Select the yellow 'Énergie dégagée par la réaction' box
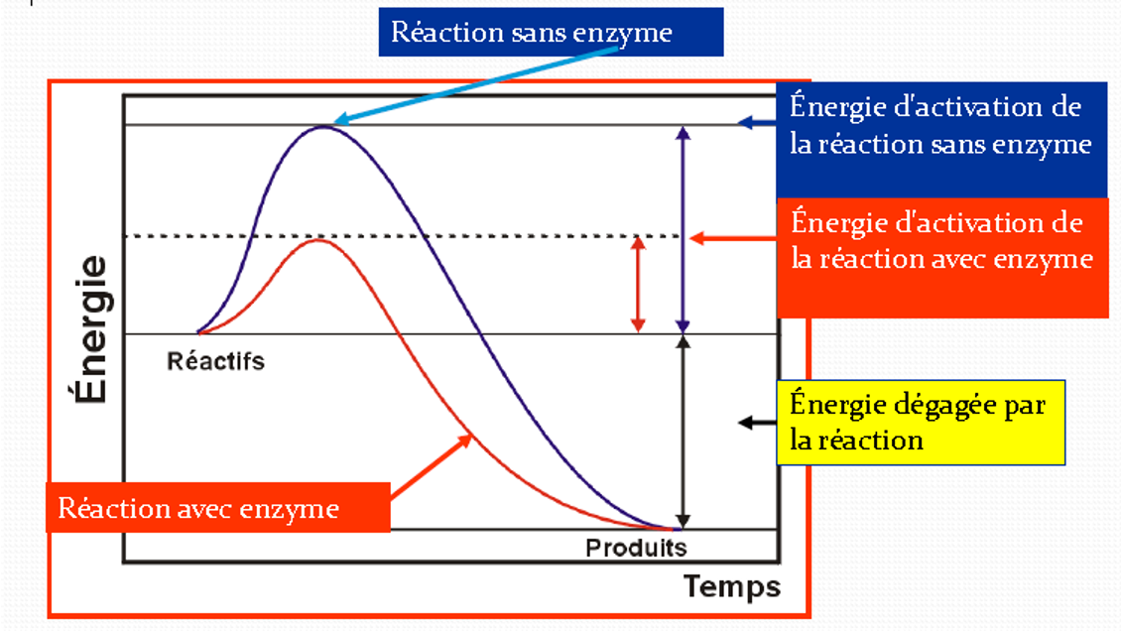[920, 422]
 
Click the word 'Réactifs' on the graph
[216, 361]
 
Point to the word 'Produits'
[636, 548]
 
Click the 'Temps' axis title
[732, 586]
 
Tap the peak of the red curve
[317, 240]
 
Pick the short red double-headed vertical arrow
[638, 284]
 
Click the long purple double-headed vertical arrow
[682, 229]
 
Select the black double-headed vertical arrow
[682, 432]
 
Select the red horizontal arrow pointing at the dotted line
[734, 238]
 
